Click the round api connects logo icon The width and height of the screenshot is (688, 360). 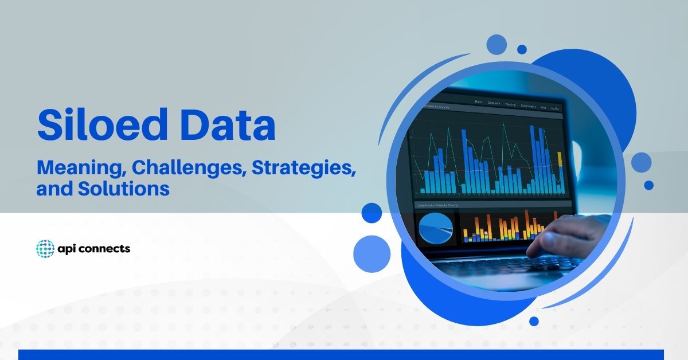(45, 249)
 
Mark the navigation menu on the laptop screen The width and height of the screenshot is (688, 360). (515, 105)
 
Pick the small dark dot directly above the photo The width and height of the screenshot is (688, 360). (522, 49)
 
